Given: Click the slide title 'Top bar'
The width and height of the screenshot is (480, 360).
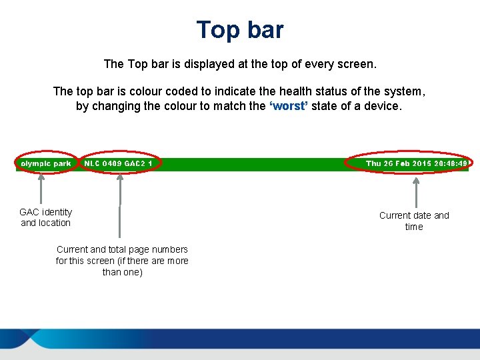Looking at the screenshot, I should click(x=240, y=30).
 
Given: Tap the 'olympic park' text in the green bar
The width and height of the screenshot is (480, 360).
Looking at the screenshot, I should click(x=45, y=163).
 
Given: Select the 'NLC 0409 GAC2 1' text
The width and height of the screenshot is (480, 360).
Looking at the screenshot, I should click(x=118, y=163).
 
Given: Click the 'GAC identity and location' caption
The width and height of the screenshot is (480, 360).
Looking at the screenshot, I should click(x=45, y=217).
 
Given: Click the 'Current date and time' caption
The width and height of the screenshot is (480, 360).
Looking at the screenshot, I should click(x=414, y=221).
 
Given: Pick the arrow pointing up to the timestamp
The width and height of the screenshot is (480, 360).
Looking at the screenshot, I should click(x=416, y=192).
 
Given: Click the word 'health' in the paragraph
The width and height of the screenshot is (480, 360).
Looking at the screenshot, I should click(x=301, y=91).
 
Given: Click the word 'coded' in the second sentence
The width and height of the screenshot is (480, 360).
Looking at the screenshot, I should click(x=189, y=91).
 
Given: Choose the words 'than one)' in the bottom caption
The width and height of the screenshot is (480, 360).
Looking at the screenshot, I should click(x=122, y=272).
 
